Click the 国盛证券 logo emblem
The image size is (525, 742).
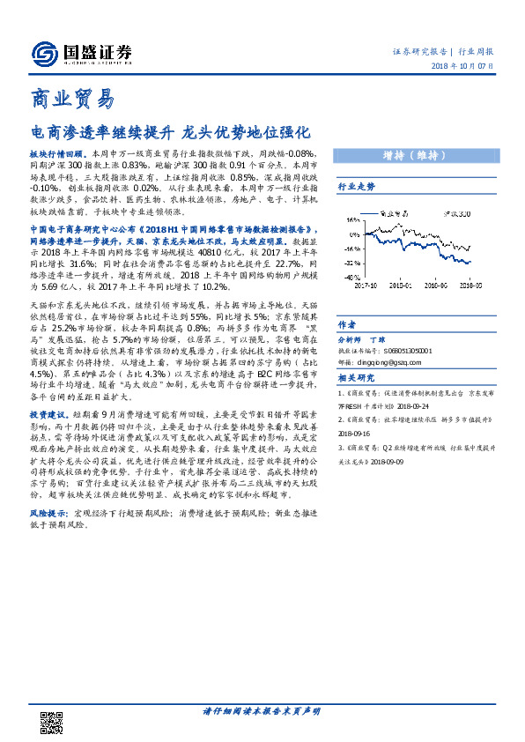[44, 52]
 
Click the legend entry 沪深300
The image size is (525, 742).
[455, 213]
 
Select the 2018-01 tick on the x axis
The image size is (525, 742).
[403, 285]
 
